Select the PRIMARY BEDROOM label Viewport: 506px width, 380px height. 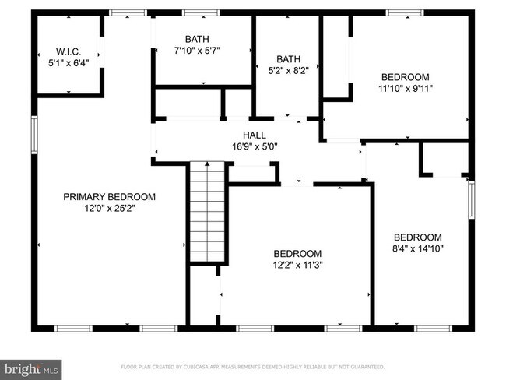(109, 197)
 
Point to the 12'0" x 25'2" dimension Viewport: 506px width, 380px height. (109, 208)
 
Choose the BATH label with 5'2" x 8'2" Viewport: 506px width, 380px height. (288, 58)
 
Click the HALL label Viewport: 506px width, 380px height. (255, 135)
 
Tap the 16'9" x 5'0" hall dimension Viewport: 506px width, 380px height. (255, 146)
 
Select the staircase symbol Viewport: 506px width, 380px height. (208, 211)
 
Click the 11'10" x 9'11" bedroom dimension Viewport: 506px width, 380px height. (405, 89)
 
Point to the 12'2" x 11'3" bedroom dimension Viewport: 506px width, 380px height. (297, 265)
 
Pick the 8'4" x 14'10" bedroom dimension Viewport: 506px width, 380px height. (417, 249)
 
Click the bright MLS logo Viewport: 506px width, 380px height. (31, 366)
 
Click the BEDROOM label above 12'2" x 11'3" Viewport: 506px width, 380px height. (297, 254)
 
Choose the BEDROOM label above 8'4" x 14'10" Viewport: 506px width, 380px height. (417, 237)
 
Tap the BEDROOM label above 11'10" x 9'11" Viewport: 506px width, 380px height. (405, 77)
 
